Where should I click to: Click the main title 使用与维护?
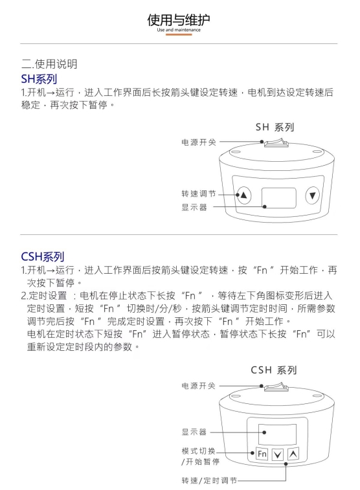[179, 19]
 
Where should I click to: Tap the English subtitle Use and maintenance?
[179, 30]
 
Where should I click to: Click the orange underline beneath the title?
[179, 35]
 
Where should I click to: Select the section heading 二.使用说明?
[49, 64]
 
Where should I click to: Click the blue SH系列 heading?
[39, 79]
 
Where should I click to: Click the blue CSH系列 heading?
[43, 256]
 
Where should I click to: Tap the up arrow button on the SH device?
[243, 195]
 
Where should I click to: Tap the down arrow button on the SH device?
[312, 195]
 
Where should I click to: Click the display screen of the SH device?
[279, 198]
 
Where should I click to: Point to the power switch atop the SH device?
[276, 143]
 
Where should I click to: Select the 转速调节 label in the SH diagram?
[199, 194]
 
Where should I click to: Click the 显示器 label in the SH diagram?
[194, 207]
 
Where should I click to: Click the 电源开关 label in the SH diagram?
[199, 142]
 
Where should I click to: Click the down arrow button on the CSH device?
[278, 454]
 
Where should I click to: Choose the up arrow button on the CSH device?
[293, 454]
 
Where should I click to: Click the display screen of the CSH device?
[277, 434]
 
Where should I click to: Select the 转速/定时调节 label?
[209, 480]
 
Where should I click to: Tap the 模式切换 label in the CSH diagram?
[198, 451]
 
